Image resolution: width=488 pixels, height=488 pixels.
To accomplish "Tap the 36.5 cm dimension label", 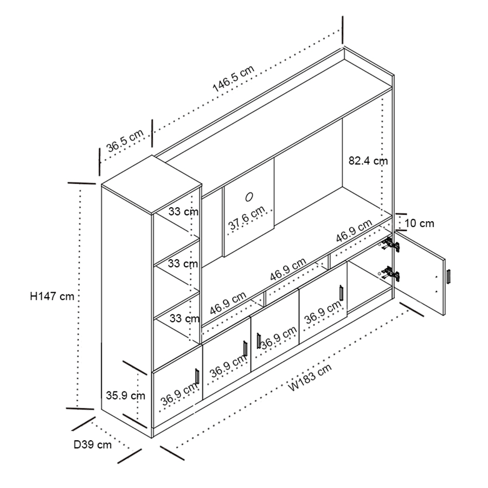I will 125,140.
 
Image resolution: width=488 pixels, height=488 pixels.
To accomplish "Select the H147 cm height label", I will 52,296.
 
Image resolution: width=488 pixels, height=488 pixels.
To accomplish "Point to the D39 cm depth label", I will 93,445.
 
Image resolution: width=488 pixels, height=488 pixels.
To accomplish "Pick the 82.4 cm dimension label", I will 368,160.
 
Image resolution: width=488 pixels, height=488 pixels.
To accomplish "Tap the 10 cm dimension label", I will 419,223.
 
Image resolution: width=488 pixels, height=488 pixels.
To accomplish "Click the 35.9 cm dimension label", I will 125,395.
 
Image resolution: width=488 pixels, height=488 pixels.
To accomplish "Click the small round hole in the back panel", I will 250,195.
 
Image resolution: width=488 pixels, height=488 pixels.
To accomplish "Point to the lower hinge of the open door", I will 391,274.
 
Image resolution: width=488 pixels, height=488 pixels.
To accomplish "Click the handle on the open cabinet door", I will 448,276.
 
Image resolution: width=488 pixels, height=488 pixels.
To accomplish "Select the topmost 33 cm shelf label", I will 183,211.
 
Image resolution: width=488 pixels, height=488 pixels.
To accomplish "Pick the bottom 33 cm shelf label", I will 183,318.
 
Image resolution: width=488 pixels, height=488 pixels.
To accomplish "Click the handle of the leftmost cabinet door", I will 197,376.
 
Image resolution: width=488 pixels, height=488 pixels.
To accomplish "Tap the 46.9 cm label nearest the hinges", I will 353,231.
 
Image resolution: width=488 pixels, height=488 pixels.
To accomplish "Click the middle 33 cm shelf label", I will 183,264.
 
